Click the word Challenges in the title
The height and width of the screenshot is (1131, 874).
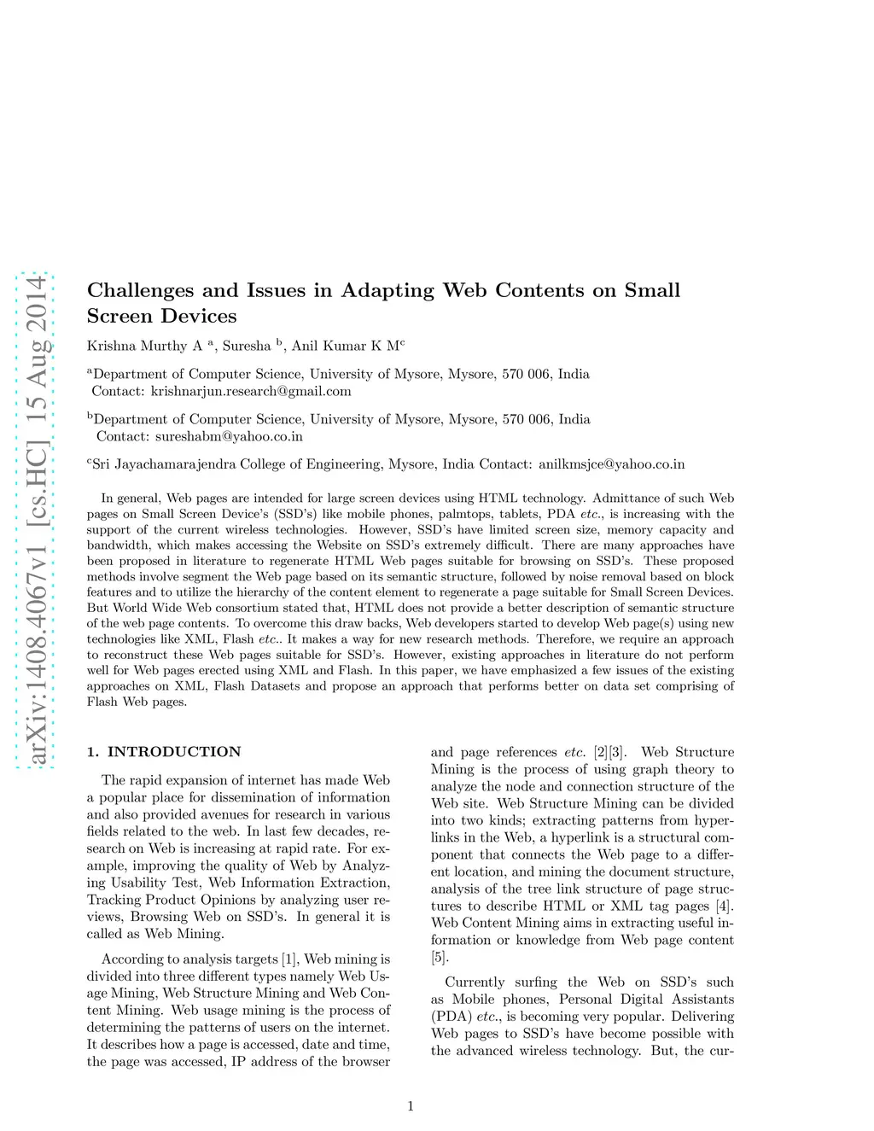pyautogui.click(x=141, y=291)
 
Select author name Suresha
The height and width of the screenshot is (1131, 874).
pyautogui.click(x=246, y=346)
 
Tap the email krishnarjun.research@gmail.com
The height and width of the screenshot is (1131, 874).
pyautogui.click(x=251, y=392)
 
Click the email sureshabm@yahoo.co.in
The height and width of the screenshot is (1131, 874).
pyautogui.click(x=229, y=436)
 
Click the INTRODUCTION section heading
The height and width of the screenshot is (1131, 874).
pyautogui.click(x=174, y=752)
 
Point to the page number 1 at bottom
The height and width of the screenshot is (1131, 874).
pyautogui.click(x=411, y=1106)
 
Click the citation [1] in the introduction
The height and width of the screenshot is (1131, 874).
pyautogui.click(x=290, y=959)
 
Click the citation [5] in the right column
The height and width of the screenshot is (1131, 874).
pyautogui.click(x=439, y=957)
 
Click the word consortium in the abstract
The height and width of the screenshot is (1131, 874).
pyautogui.click(x=272, y=608)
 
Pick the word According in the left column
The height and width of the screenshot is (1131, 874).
pyautogui.click(x=131, y=959)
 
